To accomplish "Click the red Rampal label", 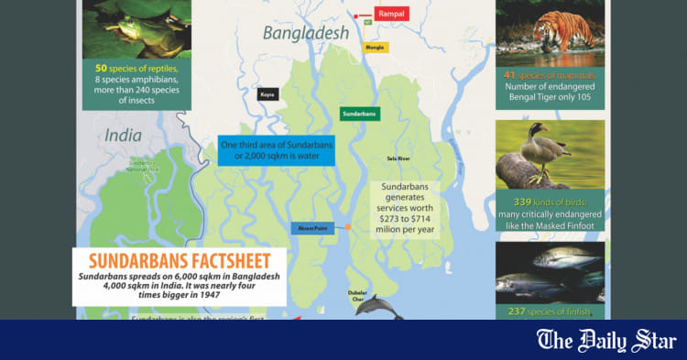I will (x=390, y=14).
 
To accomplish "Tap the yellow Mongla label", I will (x=374, y=46).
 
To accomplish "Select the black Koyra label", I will (x=267, y=93).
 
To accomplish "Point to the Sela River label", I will (x=398, y=159).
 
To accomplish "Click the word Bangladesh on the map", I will (x=306, y=34).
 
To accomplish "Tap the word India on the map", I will (x=123, y=136).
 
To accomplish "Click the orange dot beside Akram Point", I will (x=348, y=226).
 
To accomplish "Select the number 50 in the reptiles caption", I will (x=102, y=68).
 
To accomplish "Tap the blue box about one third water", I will (x=277, y=150).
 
